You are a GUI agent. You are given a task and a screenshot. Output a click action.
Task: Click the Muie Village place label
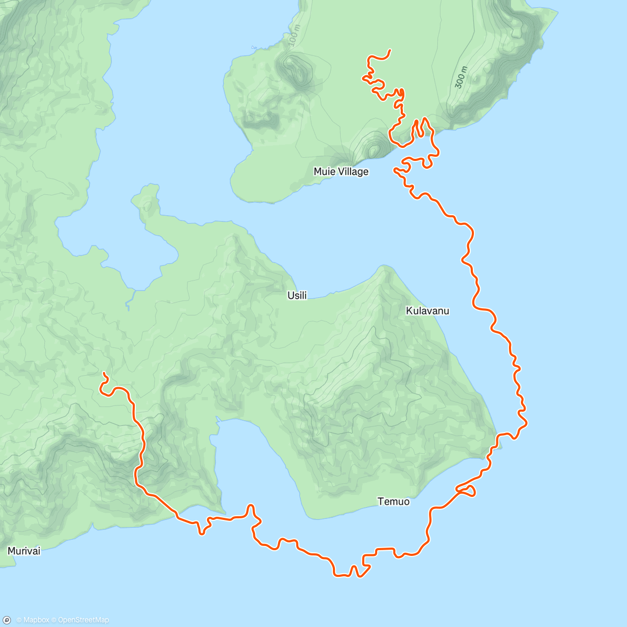[341, 171]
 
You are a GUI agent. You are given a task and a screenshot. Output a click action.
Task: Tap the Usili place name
[297, 296]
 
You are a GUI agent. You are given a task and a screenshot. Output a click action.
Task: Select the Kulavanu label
[427, 311]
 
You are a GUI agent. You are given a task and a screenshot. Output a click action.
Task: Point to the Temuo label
[393, 502]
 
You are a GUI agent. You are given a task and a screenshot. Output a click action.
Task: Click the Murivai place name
[24, 551]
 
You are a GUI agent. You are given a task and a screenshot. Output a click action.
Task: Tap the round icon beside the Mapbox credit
[7, 620]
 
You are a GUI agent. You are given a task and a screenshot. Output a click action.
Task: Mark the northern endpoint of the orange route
[390, 50]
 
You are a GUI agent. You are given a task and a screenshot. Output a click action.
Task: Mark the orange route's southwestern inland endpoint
[103, 373]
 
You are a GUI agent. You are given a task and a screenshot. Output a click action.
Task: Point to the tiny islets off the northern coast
[254, 47]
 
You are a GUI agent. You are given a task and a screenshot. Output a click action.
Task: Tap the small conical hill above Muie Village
[373, 149]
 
